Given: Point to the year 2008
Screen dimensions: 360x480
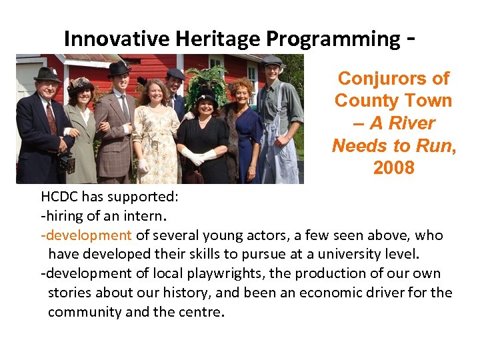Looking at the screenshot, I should [393, 168].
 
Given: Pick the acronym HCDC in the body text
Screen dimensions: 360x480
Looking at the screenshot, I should [61, 197].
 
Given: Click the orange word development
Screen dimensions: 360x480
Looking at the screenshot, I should [88, 235].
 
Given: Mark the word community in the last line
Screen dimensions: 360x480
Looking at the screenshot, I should [84, 312].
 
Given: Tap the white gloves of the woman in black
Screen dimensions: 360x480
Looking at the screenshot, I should [200, 157].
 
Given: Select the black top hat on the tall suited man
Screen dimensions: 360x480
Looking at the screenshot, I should [119, 69].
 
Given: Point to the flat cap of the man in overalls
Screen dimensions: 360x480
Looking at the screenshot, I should [271, 61].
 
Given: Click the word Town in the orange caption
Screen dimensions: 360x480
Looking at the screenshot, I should [429, 101].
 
